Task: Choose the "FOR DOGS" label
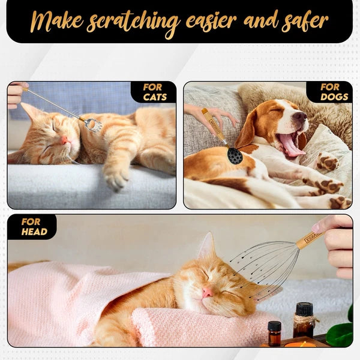(x=334, y=92)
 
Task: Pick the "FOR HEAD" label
(x=34, y=227)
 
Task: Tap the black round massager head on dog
(x=235, y=155)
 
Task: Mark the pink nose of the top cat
(x=64, y=140)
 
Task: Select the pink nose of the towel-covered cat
(x=208, y=293)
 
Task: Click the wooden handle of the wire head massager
(x=310, y=239)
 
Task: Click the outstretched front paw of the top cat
(x=116, y=178)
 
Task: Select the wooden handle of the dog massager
(x=213, y=125)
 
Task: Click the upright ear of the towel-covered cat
(x=207, y=246)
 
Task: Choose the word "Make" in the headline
(x=57, y=21)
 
